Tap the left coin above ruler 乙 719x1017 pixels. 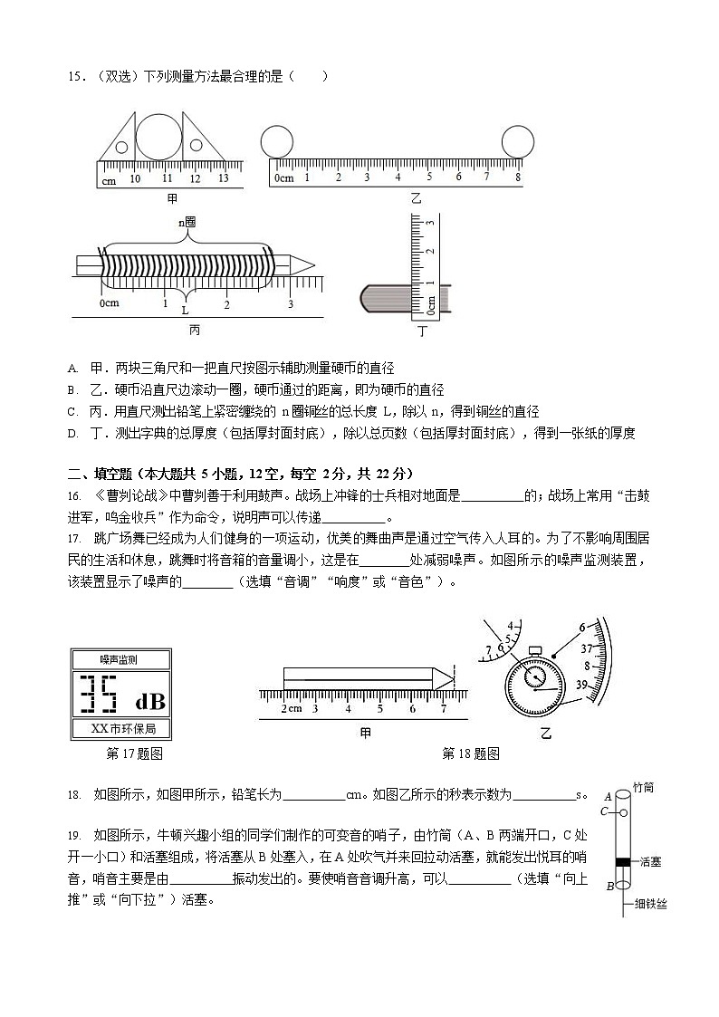pyautogui.click(x=275, y=141)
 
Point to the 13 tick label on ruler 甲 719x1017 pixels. pyautogui.click(x=223, y=178)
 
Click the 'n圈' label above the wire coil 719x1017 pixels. pyautogui.click(x=187, y=221)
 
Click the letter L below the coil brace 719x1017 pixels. pyautogui.click(x=186, y=310)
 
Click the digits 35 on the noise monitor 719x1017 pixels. pyautogui.click(x=99, y=696)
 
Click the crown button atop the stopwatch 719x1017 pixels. pyautogui.click(x=535, y=650)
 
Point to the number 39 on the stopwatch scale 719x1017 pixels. pyautogui.click(x=583, y=686)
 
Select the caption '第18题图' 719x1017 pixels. pyautogui.click(x=470, y=753)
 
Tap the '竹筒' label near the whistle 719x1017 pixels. pyautogui.click(x=644, y=789)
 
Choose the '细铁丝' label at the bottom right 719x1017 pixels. pyautogui.click(x=650, y=904)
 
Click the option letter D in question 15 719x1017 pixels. pyautogui.click(x=72, y=434)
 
